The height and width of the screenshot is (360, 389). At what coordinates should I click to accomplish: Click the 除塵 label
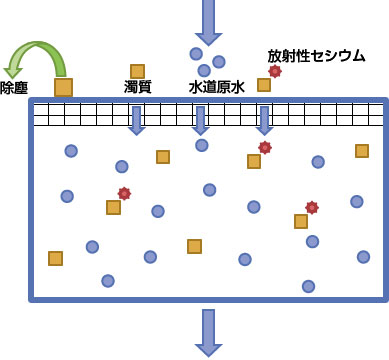pos(14,88)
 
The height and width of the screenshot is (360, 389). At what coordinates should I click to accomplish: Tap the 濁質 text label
pos(138,87)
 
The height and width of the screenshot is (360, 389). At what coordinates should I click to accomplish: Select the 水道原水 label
pos(216,87)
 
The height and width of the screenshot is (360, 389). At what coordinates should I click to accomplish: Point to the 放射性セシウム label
pos(316,55)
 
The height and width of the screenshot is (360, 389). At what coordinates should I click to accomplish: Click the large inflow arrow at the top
pos(208,20)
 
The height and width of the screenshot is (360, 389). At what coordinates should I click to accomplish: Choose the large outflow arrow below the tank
pos(208,331)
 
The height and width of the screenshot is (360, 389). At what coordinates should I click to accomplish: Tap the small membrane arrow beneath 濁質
pos(137,120)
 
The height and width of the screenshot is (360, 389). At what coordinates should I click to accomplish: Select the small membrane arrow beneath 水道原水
pos(200,120)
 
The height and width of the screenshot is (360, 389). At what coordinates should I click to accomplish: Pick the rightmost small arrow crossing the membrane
pos(264,120)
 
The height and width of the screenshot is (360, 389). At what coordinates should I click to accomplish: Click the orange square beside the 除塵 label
pos(63,88)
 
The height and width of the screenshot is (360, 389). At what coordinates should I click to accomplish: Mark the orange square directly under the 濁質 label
pos(137,71)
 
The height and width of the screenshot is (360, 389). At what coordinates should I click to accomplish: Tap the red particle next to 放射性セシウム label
pos(275,71)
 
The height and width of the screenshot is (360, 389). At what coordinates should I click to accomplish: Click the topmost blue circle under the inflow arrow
pos(196,54)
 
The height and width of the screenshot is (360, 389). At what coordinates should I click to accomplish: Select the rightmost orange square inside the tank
pos(361,151)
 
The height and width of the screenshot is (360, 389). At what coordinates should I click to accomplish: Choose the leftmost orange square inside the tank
pos(55,258)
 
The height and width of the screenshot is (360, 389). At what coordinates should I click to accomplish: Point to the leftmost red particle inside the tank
pos(124,193)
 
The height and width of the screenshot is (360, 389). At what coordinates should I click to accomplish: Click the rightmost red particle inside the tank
pos(312,207)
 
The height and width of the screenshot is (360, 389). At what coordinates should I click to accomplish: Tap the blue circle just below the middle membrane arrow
pos(201,145)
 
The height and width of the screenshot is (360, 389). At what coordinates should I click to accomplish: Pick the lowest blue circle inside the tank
pos(308,286)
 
